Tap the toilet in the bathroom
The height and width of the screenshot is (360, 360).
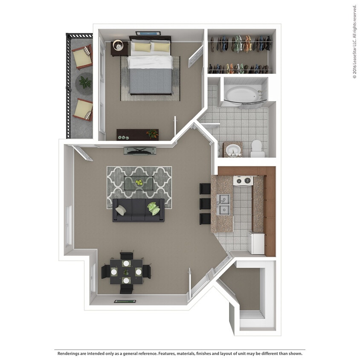[x=257, y=148]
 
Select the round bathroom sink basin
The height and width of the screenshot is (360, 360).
[x=232, y=150]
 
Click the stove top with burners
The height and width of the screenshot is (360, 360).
[x=243, y=181]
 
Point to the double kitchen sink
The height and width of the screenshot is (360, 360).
[x=223, y=204]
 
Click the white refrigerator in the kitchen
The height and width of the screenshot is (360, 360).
[x=257, y=243]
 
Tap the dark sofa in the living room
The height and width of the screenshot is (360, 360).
[x=138, y=210]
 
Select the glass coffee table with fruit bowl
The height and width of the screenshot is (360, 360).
[x=139, y=183]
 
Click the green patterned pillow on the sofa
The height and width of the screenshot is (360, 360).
[x=154, y=209]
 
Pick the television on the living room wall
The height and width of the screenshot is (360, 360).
[x=139, y=151]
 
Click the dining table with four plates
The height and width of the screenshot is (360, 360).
[x=126, y=271]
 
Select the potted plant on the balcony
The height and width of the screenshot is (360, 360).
[x=85, y=81]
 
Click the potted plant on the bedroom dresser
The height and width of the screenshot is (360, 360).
[x=152, y=134]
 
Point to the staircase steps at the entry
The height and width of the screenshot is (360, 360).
[x=252, y=315]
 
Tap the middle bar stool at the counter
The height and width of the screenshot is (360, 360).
[x=205, y=203]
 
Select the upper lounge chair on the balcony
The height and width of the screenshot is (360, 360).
[x=82, y=57]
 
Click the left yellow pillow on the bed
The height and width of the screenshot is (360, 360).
[x=141, y=46]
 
